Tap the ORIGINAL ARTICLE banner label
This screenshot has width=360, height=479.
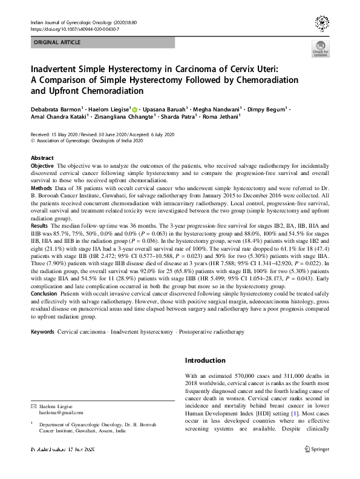point(57,43)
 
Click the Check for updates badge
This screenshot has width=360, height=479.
point(319,48)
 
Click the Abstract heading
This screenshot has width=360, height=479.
point(42,157)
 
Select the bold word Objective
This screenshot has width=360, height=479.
point(42,165)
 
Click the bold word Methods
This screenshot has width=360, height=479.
point(41,188)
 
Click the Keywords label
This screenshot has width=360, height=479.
point(42,332)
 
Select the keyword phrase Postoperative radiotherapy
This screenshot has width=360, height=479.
point(212,332)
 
